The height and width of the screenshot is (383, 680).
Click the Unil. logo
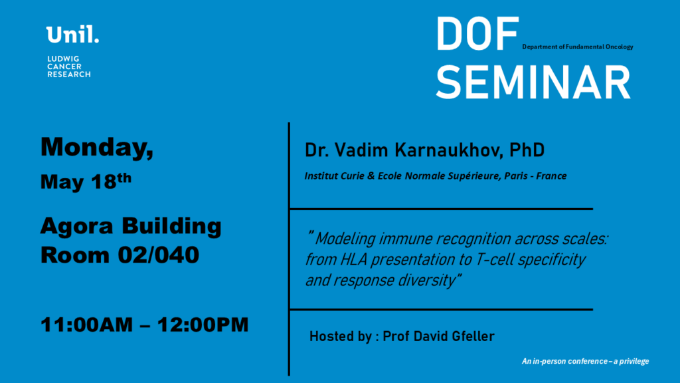pyautogui.click(x=72, y=35)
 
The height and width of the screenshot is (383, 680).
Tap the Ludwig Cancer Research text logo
pyautogui.click(x=69, y=66)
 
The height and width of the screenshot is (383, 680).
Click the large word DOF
pyautogui.click(x=477, y=34)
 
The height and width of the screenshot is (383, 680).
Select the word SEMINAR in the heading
pyautogui.click(x=533, y=82)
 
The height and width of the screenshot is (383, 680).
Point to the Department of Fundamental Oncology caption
pyautogui.click(x=578, y=47)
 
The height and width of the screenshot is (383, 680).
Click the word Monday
pyautogui.click(x=97, y=147)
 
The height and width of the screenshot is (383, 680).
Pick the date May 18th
pyautogui.click(x=86, y=181)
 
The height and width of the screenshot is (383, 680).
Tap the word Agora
pyautogui.click(x=77, y=226)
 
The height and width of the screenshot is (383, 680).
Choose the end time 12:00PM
pyautogui.click(x=203, y=324)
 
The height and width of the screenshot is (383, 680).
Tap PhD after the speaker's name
pyautogui.click(x=527, y=150)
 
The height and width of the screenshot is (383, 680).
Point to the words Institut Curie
pyautogui.click(x=335, y=176)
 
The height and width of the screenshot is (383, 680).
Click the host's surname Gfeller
pyautogui.click(x=473, y=336)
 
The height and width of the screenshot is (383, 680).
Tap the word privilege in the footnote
pyautogui.click(x=634, y=361)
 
